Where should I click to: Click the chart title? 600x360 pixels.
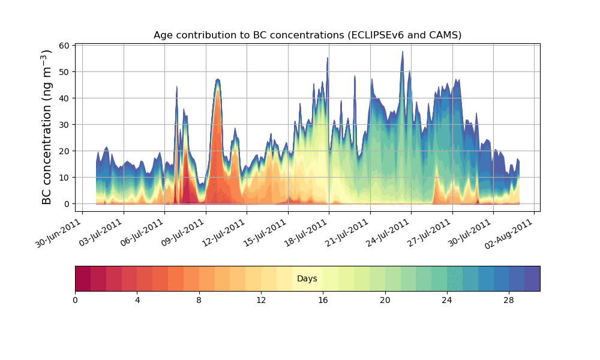coord(307,35)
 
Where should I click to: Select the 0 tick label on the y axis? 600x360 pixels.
coord(67,204)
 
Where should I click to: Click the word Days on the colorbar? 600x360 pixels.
coord(307,279)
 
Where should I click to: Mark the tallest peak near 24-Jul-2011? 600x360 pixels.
coord(403,52)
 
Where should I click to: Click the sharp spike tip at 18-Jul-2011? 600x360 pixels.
coord(328,58)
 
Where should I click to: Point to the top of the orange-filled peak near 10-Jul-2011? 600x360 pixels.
coord(217,79)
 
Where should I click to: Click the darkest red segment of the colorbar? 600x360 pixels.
coord(83,279)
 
